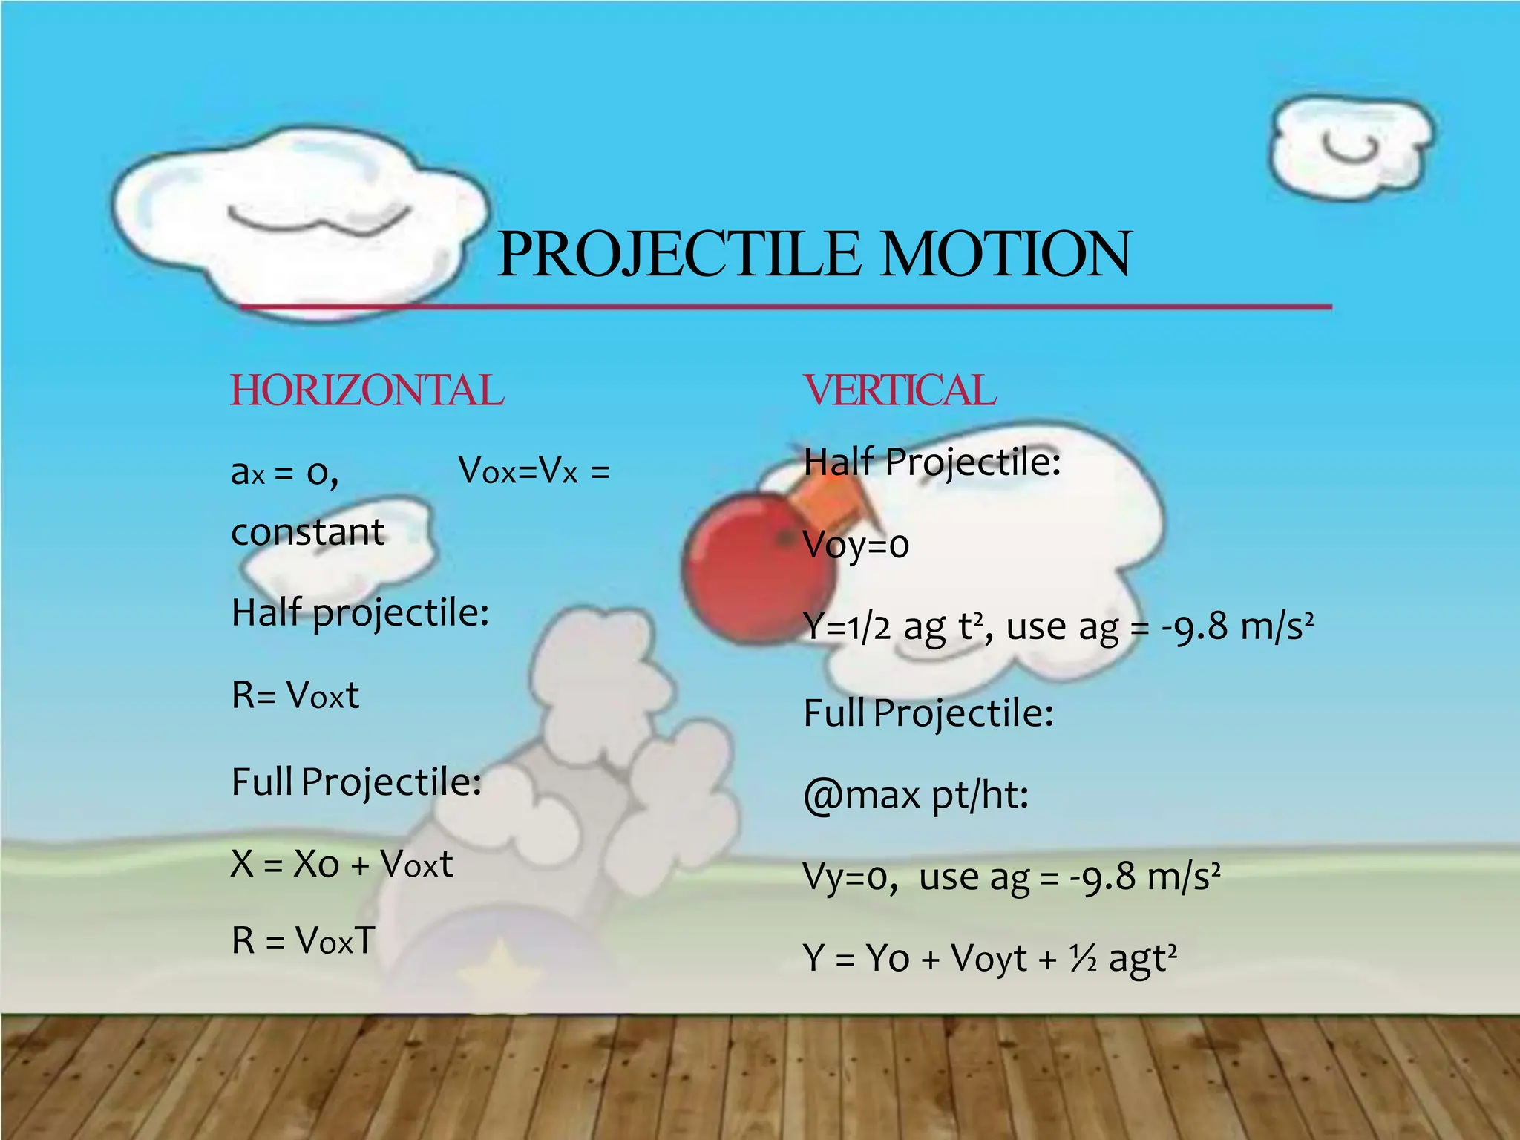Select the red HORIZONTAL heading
(367, 391)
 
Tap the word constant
(307, 532)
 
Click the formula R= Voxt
(295, 695)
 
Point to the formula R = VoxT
(303, 940)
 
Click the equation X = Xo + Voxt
(341, 864)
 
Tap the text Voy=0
(856, 546)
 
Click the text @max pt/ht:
(916, 795)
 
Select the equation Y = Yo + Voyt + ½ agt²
(989, 958)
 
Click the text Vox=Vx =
(534, 471)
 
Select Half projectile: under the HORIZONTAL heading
(360, 614)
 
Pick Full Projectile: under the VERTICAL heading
(928, 713)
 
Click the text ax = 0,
(284, 472)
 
